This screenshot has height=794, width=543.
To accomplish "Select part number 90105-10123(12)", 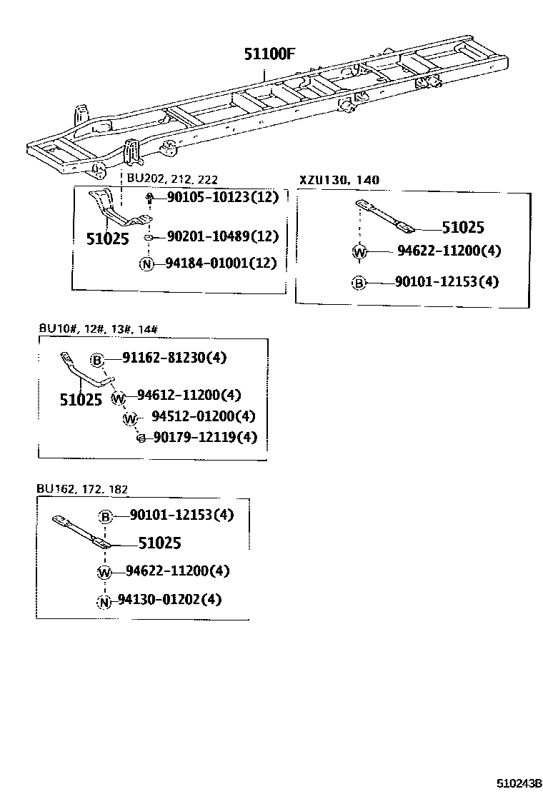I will (222, 198).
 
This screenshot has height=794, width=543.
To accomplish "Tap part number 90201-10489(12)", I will (222, 236).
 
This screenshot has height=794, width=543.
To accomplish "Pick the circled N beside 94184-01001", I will (147, 264).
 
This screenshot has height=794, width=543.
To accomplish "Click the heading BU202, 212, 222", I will (172, 179).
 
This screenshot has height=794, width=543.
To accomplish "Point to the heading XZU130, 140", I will (339, 180).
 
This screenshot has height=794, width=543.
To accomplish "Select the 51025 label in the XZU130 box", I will (462, 228).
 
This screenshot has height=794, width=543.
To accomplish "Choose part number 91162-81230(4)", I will (174, 358).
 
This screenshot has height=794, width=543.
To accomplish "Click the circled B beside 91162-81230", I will (97, 358).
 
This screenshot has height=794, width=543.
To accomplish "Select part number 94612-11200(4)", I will (189, 395).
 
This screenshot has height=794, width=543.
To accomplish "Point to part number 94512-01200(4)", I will (203, 417).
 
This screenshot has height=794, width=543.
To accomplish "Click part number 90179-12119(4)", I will (203, 437).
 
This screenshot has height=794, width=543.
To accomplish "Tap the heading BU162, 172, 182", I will (82, 489).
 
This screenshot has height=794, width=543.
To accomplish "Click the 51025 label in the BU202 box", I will (108, 238).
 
